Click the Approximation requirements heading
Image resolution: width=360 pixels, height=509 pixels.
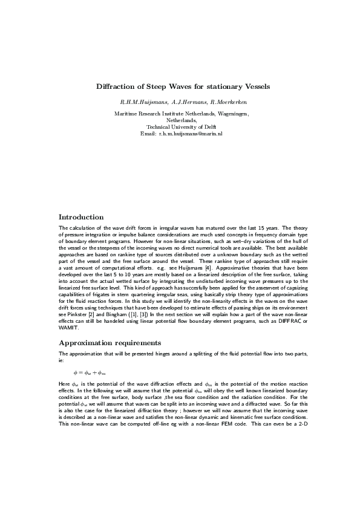(107, 343)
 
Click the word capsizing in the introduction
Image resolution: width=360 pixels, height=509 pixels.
(292, 299)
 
